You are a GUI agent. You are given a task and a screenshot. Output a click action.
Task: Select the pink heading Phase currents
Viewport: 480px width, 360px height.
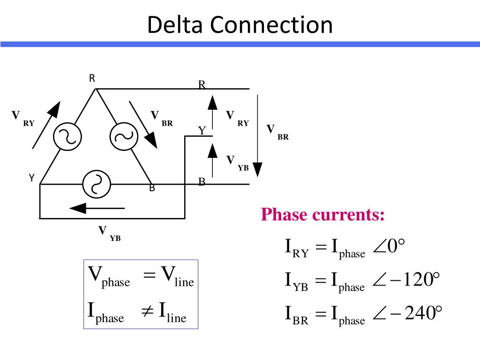click(323, 215)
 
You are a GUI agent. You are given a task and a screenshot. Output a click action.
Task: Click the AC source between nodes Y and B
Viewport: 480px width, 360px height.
click(96, 184)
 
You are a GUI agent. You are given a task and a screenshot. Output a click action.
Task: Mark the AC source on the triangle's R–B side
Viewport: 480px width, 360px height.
click(124, 136)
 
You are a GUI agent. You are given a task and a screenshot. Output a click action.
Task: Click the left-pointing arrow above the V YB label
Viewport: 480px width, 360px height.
click(97, 207)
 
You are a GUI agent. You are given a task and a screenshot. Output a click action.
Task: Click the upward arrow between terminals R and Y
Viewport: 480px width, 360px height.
click(213, 111)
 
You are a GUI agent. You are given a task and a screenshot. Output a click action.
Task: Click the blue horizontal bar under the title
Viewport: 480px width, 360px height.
click(240, 44)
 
